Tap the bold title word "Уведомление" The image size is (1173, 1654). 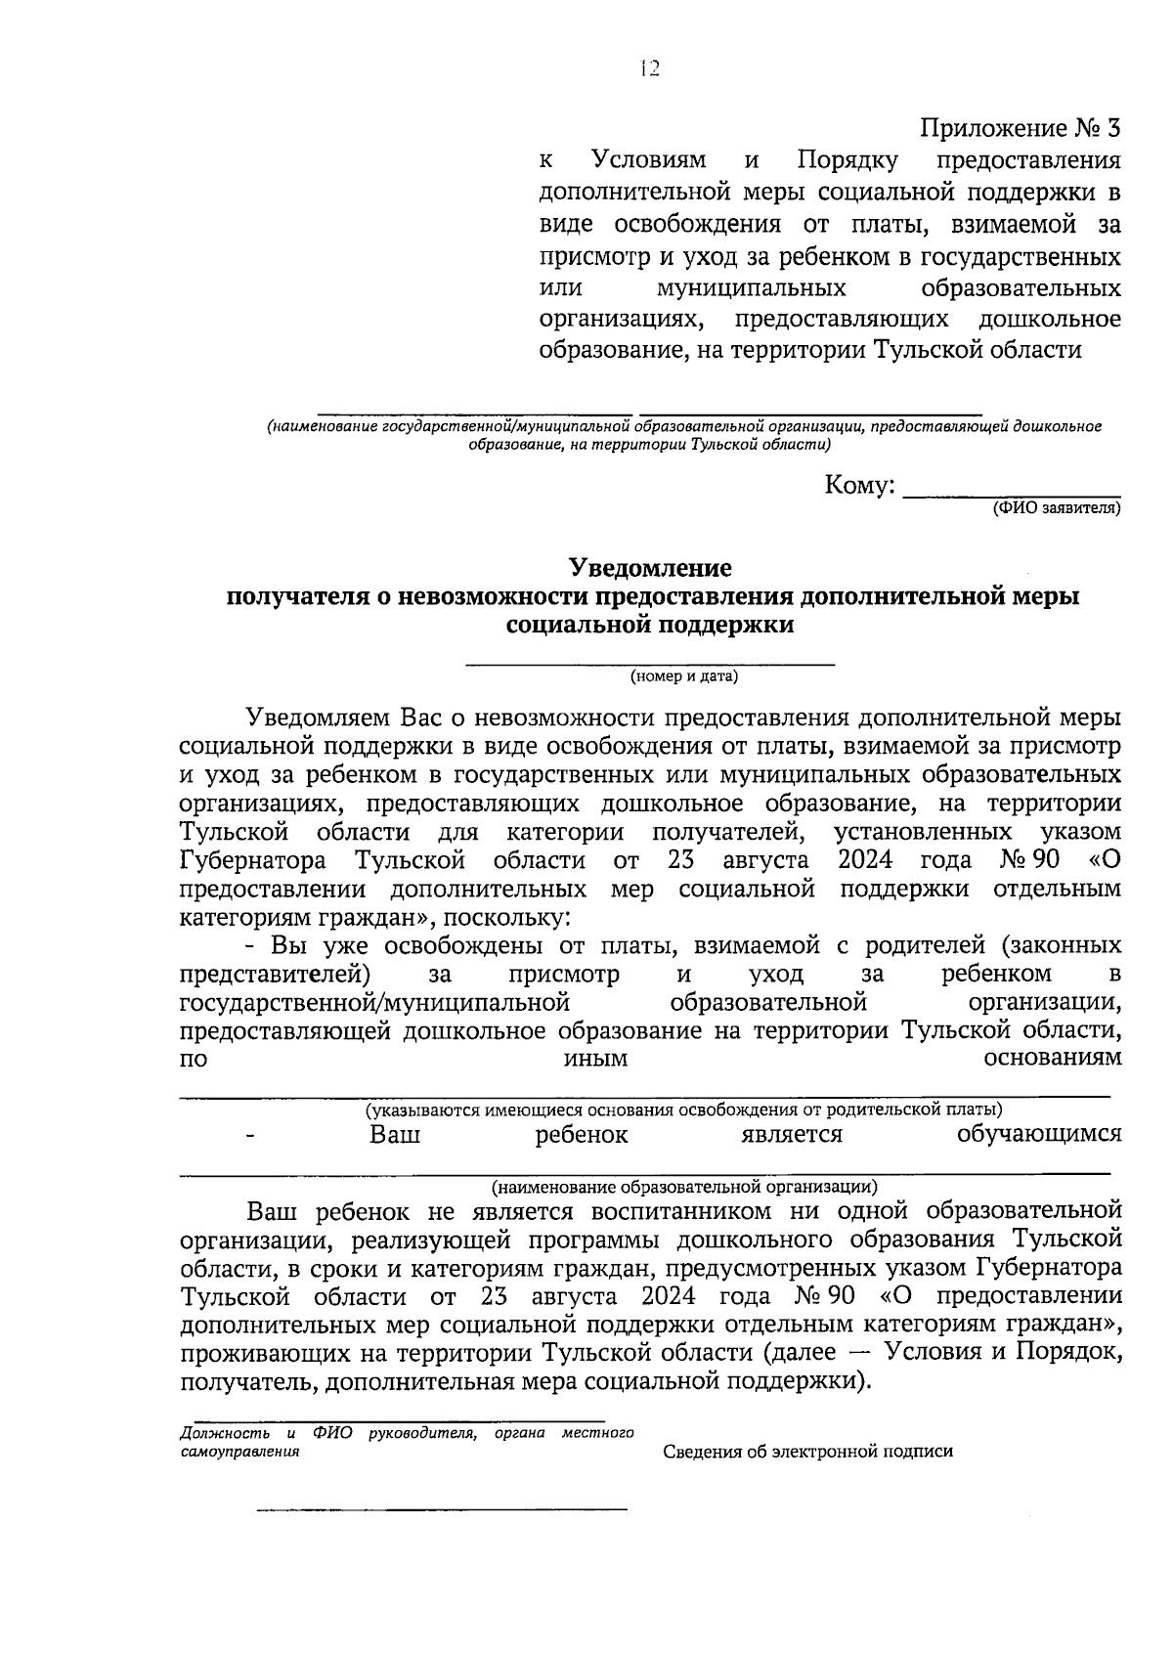click(650, 568)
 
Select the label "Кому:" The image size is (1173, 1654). click(860, 486)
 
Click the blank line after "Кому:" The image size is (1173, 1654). click(1011, 494)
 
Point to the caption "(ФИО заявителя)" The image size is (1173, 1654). click(1056, 509)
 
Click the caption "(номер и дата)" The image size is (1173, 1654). click(683, 675)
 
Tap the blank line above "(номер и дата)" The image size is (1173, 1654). click(650, 664)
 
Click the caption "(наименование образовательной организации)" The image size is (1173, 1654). click(684, 1188)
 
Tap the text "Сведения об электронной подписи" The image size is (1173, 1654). click(807, 1452)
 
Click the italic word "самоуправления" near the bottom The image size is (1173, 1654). click(240, 1452)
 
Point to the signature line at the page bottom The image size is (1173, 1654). click(442, 1510)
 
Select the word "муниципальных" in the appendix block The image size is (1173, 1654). click(751, 289)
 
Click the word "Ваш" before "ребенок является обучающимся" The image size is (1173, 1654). click(395, 1135)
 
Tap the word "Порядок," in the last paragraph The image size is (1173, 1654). click(1067, 1353)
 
